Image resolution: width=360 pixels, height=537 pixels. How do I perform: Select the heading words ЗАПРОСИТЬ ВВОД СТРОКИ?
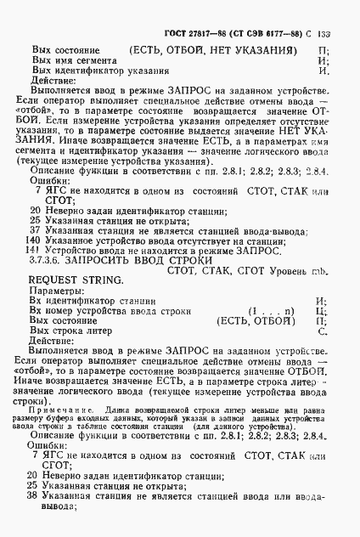tap(145, 263)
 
